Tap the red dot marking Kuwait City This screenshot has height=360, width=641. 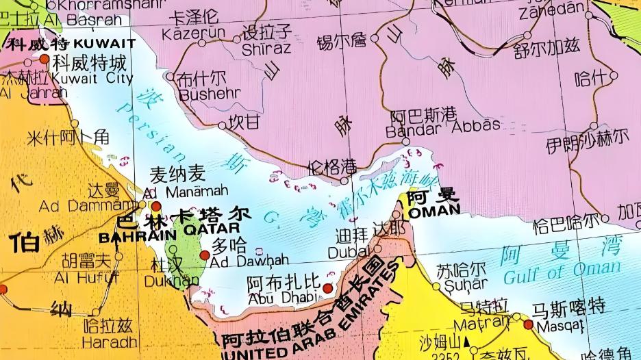coord(45,60)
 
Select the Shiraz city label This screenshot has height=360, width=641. coord(266,49)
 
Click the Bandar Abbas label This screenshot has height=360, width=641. coord(443,126)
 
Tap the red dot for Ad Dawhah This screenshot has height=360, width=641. coord(204,255)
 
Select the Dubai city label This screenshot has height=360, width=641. coord(352,252)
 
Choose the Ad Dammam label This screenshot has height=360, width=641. coord(79,205)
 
